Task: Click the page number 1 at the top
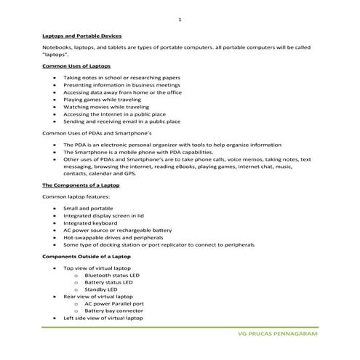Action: [x=180, y=19]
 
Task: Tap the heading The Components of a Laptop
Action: [x=81, y=185]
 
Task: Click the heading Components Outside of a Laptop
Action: [x=87, y=257]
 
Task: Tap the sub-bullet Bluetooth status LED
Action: [x=113, y=276]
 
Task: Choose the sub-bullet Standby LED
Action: [x=101, y=289]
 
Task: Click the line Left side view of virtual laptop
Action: [x=103, y=318]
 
